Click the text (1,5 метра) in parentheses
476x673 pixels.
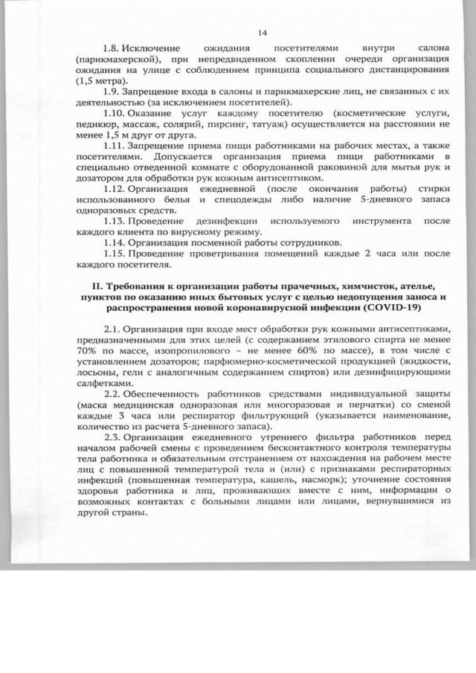tap(102, 80)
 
